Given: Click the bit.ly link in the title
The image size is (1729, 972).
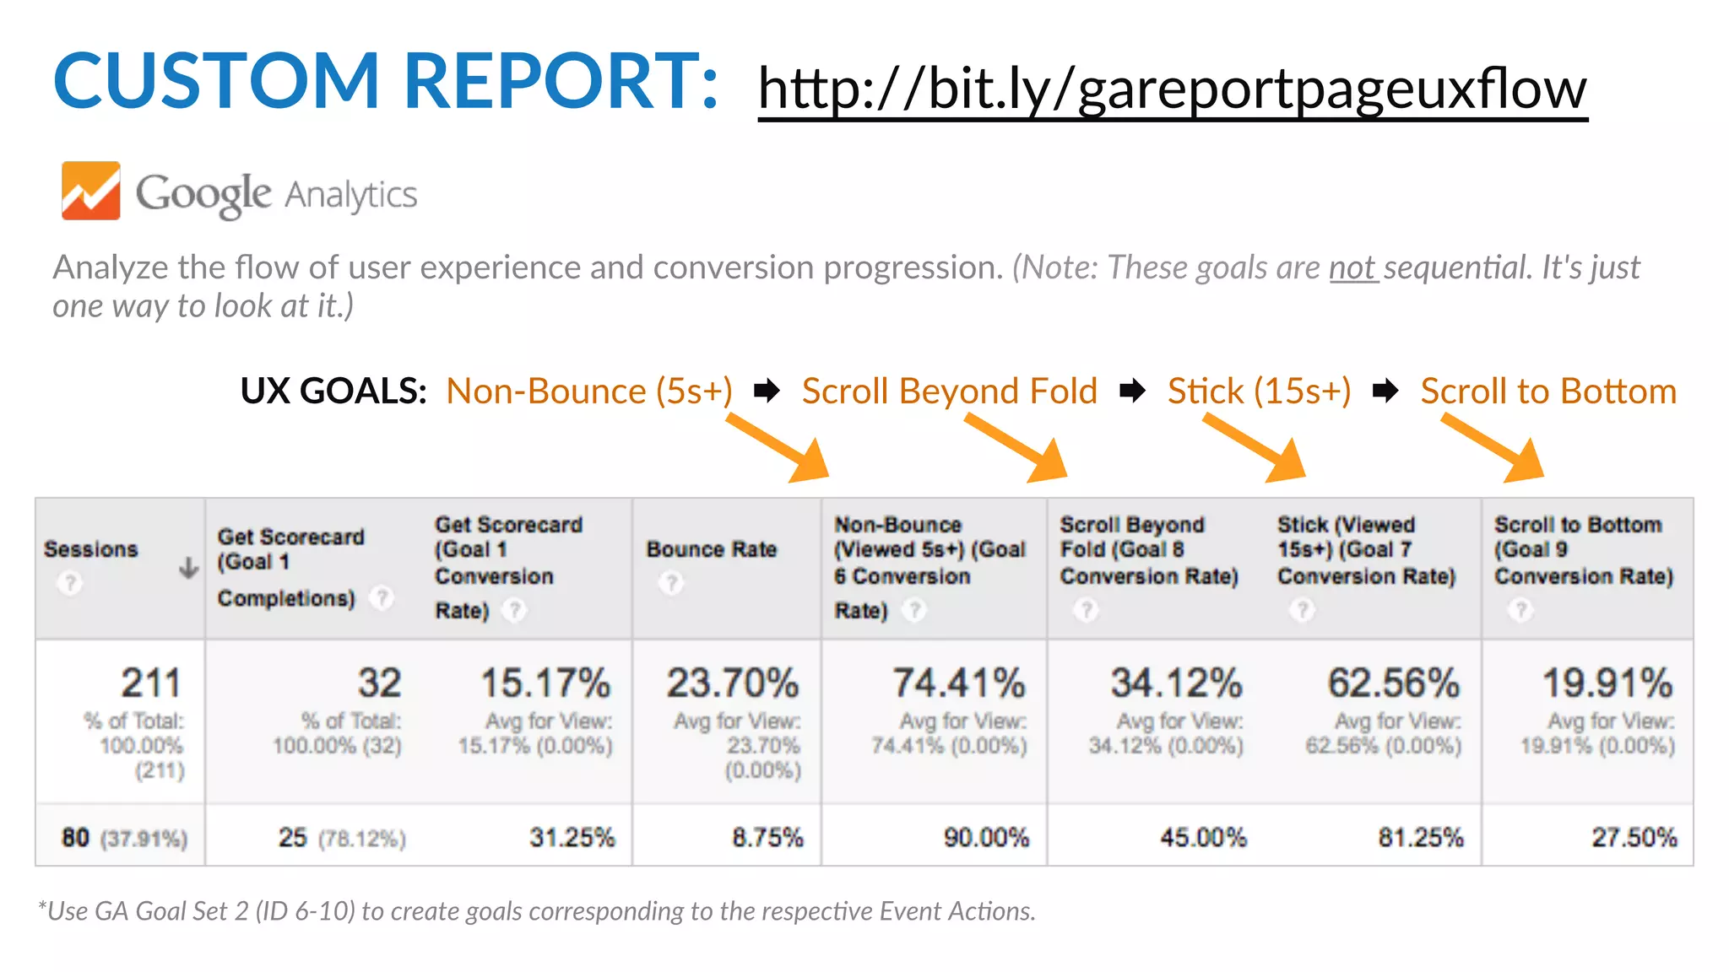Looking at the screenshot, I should [x=1172, y=89].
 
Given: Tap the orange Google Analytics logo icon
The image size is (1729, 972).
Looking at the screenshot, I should [x=90, y=191].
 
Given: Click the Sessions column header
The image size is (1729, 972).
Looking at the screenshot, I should [x=90, y=549].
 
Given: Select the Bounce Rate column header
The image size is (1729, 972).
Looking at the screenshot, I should [x=711, y=549].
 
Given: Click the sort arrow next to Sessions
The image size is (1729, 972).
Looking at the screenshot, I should [x=189, y=568].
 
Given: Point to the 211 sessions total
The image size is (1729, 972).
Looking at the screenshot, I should [x=151, y=683].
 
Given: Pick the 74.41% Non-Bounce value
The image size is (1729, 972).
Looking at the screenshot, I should [x=959, y=683].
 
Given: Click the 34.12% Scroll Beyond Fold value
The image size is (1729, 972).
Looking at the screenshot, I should [x=1176, y=683].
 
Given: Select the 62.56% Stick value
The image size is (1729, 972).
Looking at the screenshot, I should [x=1393, y=683].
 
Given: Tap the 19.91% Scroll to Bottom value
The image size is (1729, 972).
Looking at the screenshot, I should [x=1607, y=683].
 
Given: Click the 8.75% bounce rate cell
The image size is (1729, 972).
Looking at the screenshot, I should [x=767, y=837].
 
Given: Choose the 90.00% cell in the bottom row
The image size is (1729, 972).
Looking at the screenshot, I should [x=986, y=837].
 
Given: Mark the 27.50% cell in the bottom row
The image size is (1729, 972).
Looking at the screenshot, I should [x=1634, y=837].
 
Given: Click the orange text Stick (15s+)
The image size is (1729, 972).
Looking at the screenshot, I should [x=1259, y=391].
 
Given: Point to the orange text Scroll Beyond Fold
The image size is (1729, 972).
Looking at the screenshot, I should [x=949, y=391].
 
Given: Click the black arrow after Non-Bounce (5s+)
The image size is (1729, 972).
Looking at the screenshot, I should [x=767, y=391].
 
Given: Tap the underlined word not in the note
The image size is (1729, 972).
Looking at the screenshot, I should [x=1352, y=267].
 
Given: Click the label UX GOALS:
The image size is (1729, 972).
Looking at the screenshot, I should [x=333, y=391].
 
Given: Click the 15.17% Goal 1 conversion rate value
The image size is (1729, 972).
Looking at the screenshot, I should [x=545, y=683].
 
